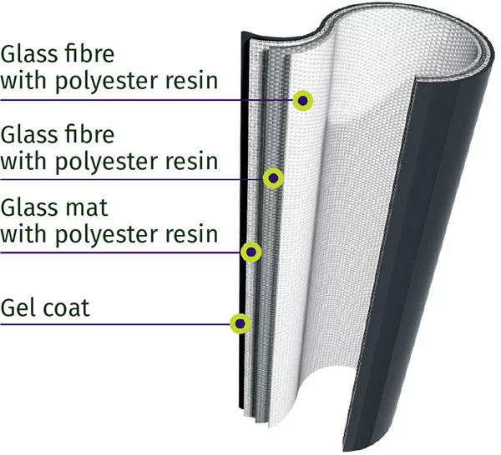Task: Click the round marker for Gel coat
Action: (x=240, y=322)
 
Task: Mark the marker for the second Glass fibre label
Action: (x=273, y=177)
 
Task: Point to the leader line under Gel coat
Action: (x=109, y=323)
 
